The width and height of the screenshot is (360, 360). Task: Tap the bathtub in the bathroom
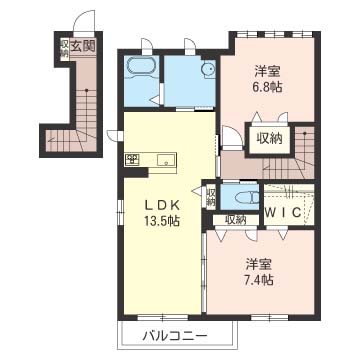[x=140, y=68]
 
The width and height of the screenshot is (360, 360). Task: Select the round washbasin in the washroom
[x=208, y=69]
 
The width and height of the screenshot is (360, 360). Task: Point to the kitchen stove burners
[x=132, y=160]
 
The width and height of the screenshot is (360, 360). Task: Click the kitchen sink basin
[x=166, y=160]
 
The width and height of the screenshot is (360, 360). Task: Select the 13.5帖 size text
[x=162, y=220]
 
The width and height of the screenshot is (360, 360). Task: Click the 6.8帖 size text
[x=269, y=87]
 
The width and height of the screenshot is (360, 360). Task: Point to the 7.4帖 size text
[x=260, y=280]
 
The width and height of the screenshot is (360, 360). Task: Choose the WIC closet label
[x=283, y=213]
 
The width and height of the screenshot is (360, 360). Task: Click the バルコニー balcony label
[x=175, y=336]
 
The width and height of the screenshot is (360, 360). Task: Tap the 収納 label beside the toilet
[x=211, y=197]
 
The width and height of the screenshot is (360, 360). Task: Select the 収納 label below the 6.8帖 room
[x=270, y=138]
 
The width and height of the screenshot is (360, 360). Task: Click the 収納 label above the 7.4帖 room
[x=236, y=219]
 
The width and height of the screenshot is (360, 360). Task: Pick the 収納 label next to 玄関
[x=64, y=49]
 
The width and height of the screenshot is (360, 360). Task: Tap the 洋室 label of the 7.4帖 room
[x=260, y=265]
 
